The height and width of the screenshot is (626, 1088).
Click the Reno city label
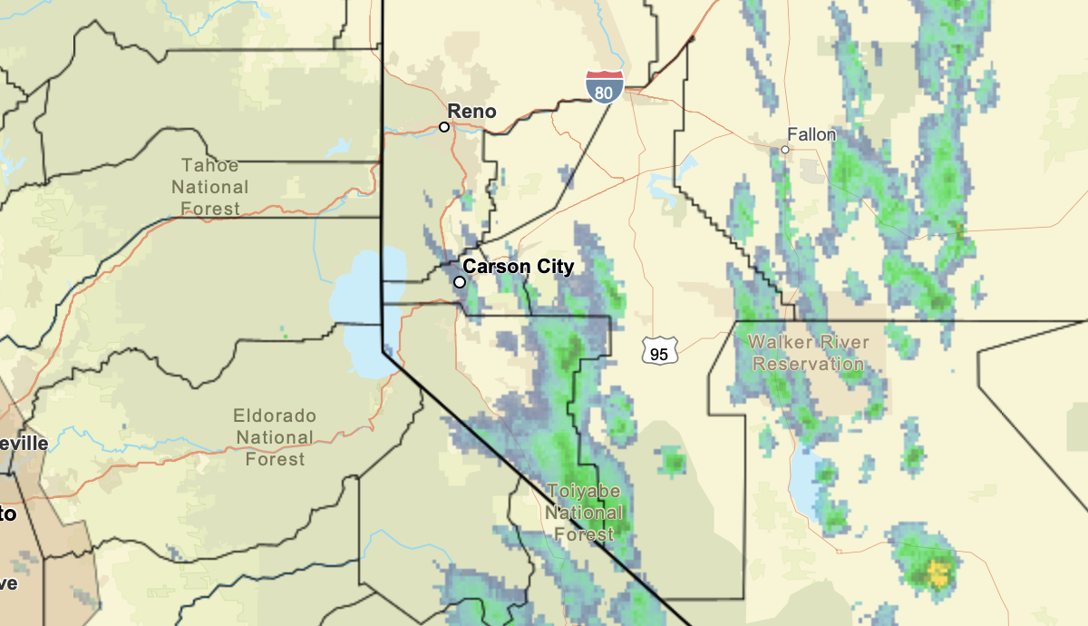tap(472, 112)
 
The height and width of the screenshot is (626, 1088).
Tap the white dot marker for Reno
tap(444, 127)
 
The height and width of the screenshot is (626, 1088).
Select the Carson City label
tap(518, 267)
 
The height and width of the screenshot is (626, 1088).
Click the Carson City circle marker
tap(460, 282)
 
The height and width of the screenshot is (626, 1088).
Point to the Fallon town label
tap(811, 134)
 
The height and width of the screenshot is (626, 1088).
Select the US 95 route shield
tap(659, 351)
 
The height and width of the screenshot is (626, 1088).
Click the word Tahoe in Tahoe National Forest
tap(209, 166)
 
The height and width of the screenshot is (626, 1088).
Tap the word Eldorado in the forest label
tap(275, 416)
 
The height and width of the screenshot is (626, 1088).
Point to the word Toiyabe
tap(583, 491)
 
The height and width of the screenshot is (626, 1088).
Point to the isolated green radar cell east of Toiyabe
tap(672, 462)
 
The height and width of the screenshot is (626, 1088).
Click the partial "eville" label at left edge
tap(24, 444)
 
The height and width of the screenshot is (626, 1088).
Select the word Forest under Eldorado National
tap(275, 459)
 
